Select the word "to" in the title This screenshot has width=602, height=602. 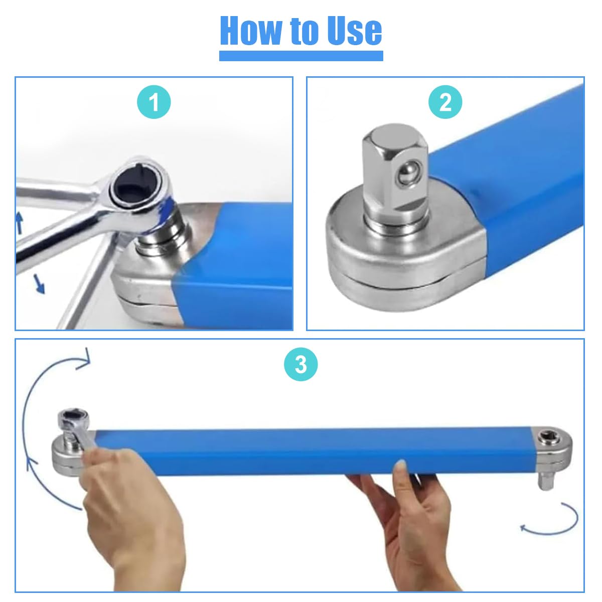coord(302,32)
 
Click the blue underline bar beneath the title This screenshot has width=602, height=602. coord(301,56)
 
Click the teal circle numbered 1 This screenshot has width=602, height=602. coord(154,102)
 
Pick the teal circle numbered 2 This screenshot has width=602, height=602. coord(445,102)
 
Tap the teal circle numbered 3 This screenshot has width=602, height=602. coord(301,364)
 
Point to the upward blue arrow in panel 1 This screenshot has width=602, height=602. coord(20,222)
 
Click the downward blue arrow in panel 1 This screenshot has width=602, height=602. coord(39,283)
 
